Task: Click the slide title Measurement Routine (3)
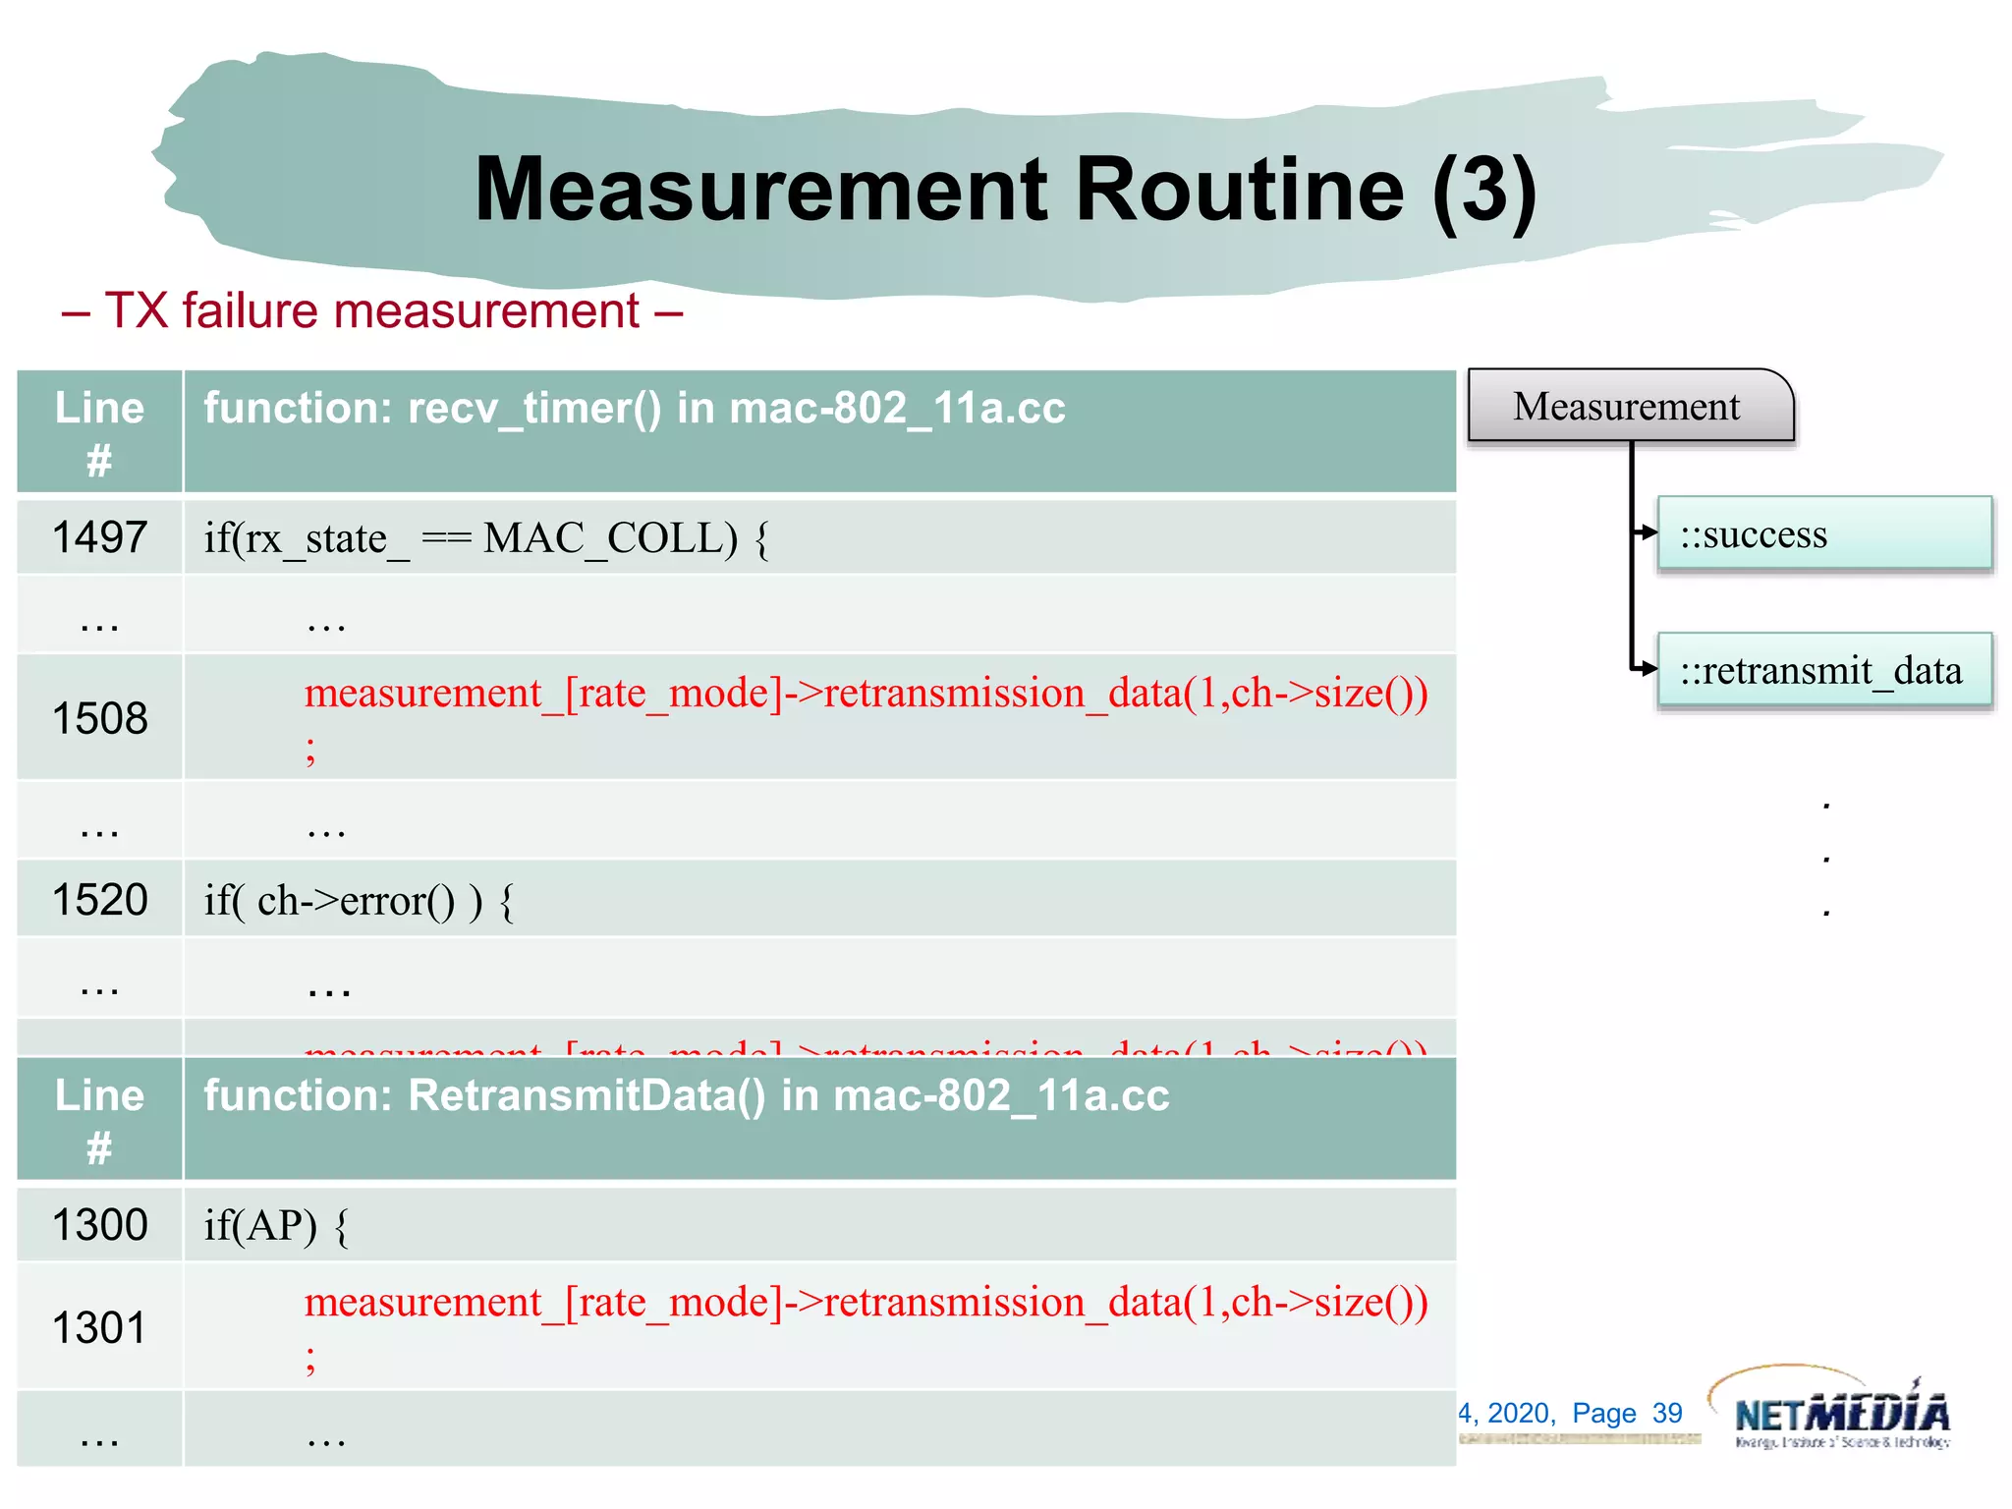(1004, 190)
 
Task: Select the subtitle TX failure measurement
(371, 311)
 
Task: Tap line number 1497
(99, 537)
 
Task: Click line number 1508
(99, 718)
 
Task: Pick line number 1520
(99, 900)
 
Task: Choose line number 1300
(99, 1225)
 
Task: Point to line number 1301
(99, 1328)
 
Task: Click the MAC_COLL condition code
(486, 538)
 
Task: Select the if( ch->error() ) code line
(359, 901)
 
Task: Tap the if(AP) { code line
(276, 1226)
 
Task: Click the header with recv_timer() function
(634, 409)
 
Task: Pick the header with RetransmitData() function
(686, 1096)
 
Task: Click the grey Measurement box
(1628, 406)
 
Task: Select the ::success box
(1823, 533)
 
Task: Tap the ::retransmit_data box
(1823, 671)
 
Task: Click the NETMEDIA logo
(1839, 1411)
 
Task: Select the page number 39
(1667, 1413)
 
